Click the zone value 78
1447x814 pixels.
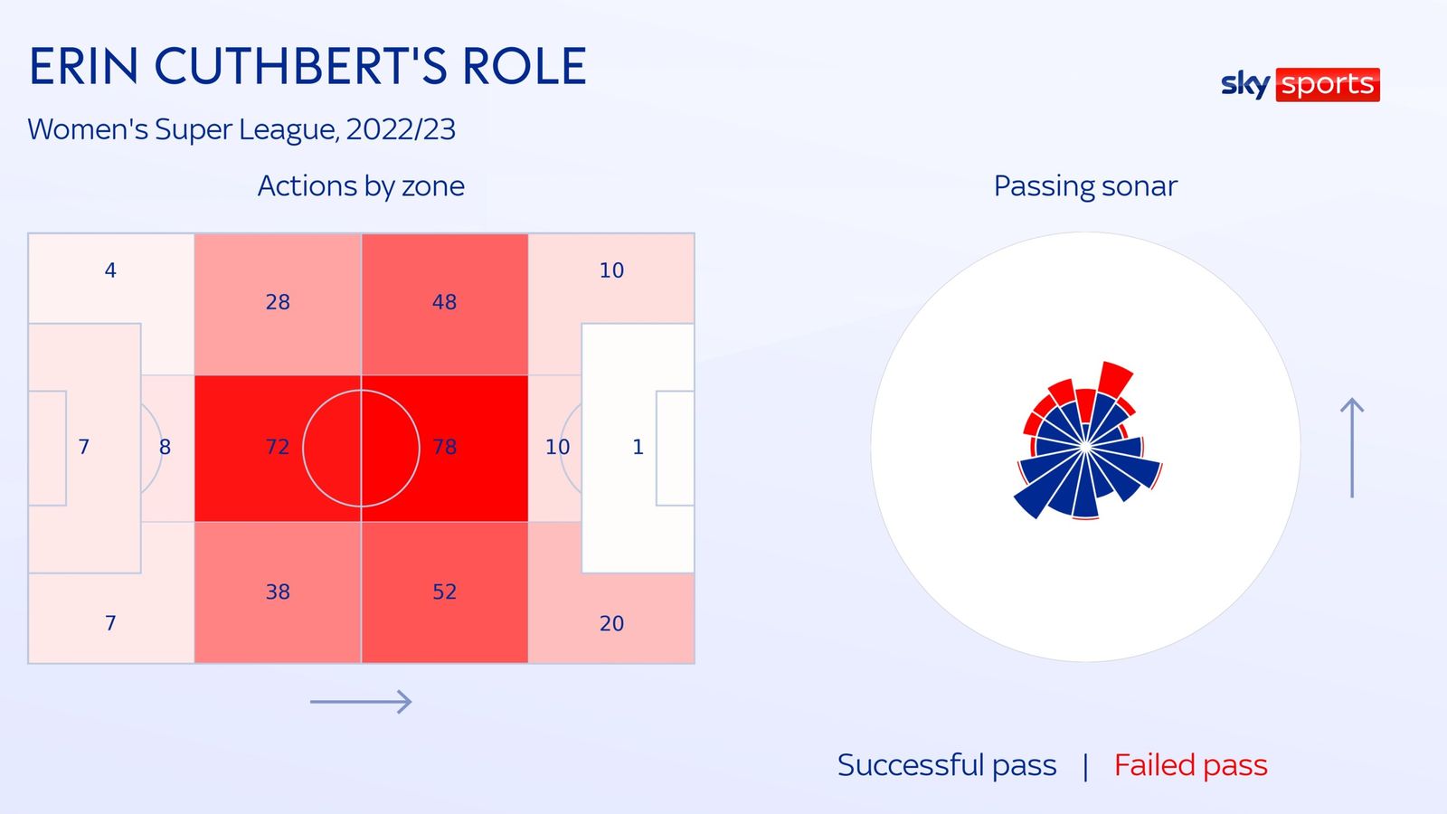pyautogui.click(x=444, y=447)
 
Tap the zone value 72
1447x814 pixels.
pyautogui.click(x=278, y=447)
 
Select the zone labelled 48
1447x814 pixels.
pyautogui.click(x=444, y=302)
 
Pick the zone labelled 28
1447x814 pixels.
pyautogui.click(x=278, y=302)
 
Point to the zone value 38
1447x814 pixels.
pyautogui.click(x=278, y=592)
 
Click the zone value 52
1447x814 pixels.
pyautogui.click(x=444, y=592)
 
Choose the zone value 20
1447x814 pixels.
pyautogui.click(x=611, y=623)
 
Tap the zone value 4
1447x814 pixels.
pyautogui.click(x=110, y=270)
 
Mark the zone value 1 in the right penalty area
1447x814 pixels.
pyautogui.click(x=638, y=447)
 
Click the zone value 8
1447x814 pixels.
pyautogui.click(x=166, y=447)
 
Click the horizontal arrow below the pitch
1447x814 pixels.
pyautogui.click(x=361, y=702)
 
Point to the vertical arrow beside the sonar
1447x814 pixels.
pyautogui.click(x=1352, y=448)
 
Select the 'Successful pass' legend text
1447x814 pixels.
pyautogui.click(x=947, y=765)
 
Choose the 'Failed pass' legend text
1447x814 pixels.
pyautogui.click(x=1190, y=765)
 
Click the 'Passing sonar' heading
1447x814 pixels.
pyautogui.click(x=1085, y=186)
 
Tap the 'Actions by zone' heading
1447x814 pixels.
pyautogui.click(x=361, y=186)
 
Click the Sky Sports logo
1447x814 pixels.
pyautogui.click(x=1300, y=85)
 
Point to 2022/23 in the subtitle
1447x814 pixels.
pyautogui.click(x=401, y=130)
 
